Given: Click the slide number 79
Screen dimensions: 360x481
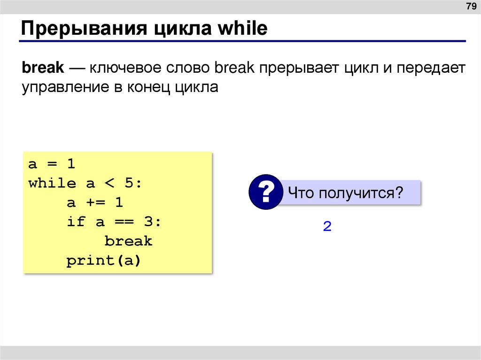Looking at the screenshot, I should pos(470,7).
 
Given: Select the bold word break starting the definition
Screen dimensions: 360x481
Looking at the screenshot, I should pos(42,68).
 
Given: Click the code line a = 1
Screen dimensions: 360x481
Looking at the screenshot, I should pos(52,164).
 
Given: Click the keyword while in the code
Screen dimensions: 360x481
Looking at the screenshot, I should pos(52,184).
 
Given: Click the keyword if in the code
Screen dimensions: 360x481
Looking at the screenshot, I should pos(76,222).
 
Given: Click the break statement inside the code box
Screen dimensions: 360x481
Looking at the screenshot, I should pos(128,241).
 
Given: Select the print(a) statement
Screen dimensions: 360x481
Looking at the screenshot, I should pos(104,260).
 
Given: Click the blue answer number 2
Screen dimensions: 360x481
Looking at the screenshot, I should pos(327,227).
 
